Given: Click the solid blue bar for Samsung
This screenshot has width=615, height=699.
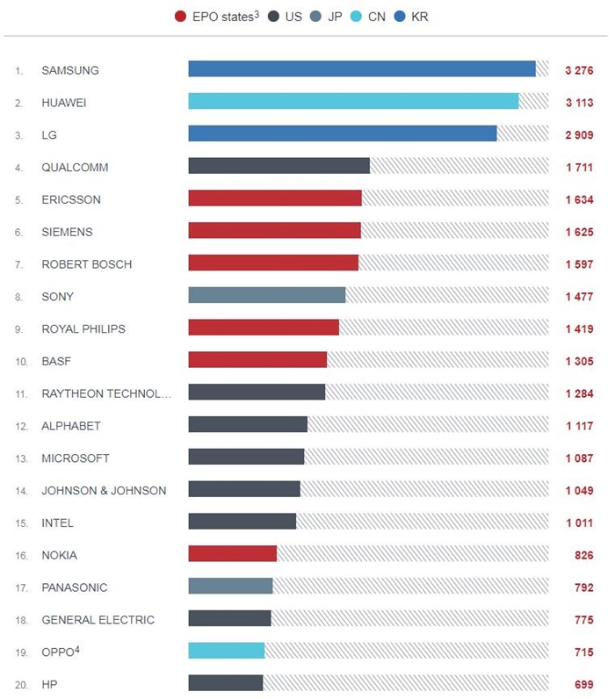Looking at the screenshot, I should pyautogui.click(x=361, y=69).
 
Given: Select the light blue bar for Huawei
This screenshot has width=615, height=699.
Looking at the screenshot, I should pyautogui.click(x=353, y=102).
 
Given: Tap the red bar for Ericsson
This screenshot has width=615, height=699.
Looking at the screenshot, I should pyautogui.click(x=274, y=199).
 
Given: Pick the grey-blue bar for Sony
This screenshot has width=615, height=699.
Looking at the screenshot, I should pyautogui.click(x=266, y=297).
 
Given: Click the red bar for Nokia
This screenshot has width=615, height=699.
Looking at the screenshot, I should pyautogui.click(x=232, y=555).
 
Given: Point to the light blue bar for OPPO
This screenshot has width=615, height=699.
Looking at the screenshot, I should pyautogui.click(x=226, y=652).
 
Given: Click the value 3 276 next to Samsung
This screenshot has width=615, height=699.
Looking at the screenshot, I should pyautogui.click(x=579, y=70).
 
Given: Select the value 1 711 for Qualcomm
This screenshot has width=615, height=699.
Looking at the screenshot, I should pyautogui.click(x=579, y=167).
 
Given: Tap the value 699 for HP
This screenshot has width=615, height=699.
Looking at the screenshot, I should pyautogui.click(x=583, y=683).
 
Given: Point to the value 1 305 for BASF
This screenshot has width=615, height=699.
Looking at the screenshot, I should pyautogui.click(x=579, y=361).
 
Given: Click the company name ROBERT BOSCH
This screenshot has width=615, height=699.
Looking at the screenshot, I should pyautogui.click(x=86, y=264).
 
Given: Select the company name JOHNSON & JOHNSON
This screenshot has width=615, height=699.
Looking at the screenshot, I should pyautogui.click(x=104, y=491).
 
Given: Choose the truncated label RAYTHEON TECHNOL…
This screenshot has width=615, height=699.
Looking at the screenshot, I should pyautogui.click(x=106, y=393).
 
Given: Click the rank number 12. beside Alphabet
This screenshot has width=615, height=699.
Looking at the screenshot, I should pyautogui.click(x=20, y=427).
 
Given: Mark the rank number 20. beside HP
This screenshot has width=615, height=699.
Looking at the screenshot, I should pyautogui.click(x=20, y=684).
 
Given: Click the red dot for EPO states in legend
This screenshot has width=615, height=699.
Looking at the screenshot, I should pyautogui.click(x=181, y=17).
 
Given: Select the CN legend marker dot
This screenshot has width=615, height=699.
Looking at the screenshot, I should pyautogui.click(x=358, y=17).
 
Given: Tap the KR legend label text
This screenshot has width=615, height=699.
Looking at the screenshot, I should pyautogui.click(x=420, y=17).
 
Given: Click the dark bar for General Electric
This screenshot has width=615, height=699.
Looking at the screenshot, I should pyautogui.click(x=229, y=619).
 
